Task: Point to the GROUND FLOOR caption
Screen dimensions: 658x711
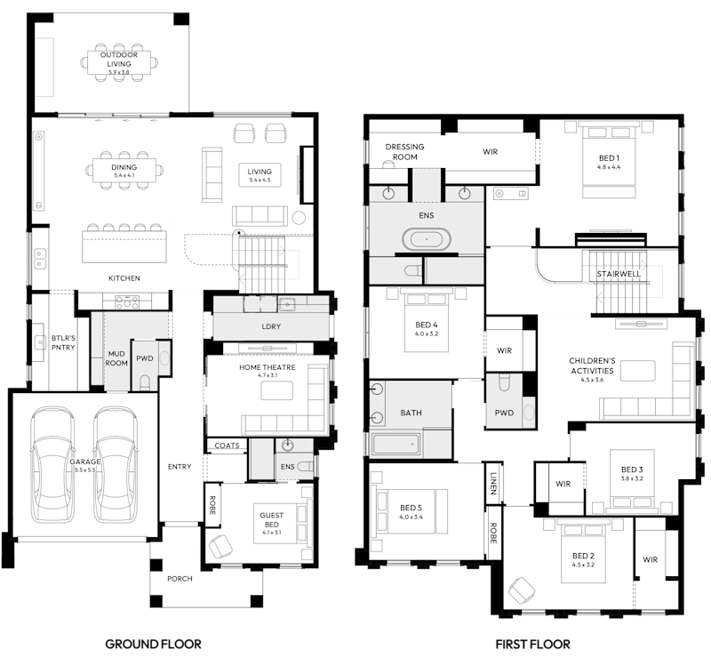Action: tap(153, 643)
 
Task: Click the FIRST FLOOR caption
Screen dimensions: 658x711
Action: tap(534, 643)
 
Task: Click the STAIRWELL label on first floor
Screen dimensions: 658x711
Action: tap(619, 274)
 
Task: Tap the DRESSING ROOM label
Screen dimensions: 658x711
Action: tap(404, 151)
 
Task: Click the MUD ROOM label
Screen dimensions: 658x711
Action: tap(116, 357)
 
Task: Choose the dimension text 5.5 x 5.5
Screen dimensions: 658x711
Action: tap(86, 471)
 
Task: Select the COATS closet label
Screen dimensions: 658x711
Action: tap(226, 445)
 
